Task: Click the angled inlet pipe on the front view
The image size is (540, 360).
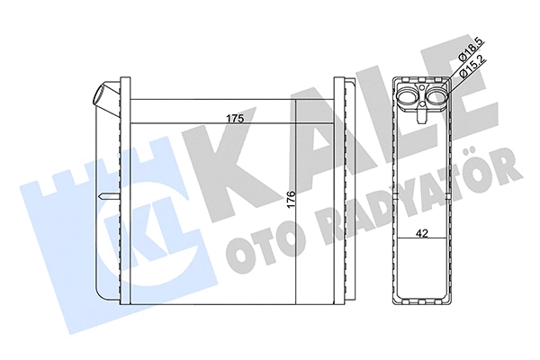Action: pos(106,95)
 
